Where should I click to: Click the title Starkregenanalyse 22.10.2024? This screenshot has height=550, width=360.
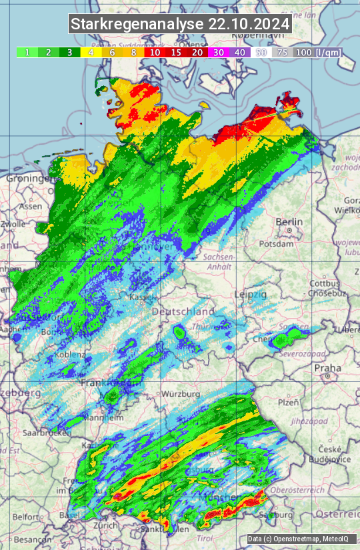180,24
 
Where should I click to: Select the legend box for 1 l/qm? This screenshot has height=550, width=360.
27,52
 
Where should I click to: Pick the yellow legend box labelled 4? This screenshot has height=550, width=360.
90,52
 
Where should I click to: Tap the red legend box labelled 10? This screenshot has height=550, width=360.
155,52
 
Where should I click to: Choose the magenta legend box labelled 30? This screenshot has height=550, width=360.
219,52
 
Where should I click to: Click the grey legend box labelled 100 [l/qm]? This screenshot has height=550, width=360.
317,52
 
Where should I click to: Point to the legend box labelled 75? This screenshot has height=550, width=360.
282,52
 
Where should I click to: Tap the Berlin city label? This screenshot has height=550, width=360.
289,222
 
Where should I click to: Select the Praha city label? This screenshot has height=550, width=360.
327,367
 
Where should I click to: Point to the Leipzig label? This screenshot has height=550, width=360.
251,294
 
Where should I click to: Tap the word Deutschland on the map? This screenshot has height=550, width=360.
183,311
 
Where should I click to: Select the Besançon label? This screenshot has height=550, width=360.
31,539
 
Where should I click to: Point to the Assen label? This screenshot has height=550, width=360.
31,207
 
